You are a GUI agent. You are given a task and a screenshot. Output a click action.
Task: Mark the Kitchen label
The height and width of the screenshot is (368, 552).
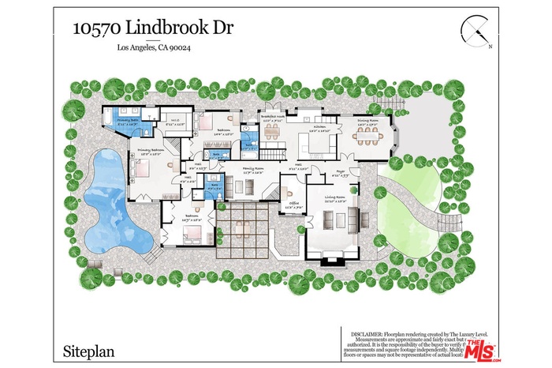[319, 127]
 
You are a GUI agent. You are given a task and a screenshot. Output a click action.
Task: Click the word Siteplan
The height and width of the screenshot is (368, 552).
[86, 347]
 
